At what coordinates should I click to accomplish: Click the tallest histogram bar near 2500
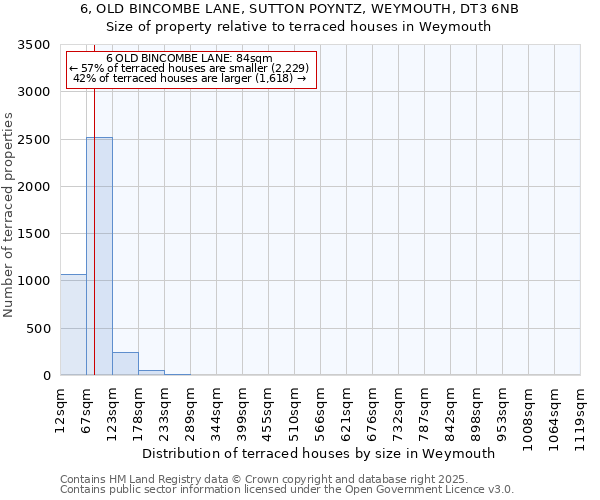coord(99,256)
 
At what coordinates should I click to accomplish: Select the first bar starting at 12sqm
coord(73,324)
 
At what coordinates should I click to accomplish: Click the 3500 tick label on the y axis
coord(34,46)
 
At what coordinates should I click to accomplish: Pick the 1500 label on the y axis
coord(34,234)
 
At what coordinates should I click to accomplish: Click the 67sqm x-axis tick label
coord(86,407)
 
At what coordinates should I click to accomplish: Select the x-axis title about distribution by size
coord(319,453)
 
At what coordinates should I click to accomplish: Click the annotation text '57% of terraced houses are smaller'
coord(190,68)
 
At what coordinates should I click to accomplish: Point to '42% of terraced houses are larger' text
coord(190,78)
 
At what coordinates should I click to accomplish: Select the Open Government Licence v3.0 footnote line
coord(286,490)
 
